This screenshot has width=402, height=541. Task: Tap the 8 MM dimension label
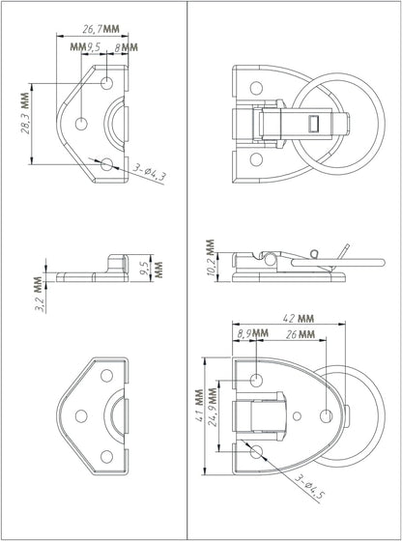point(125,47)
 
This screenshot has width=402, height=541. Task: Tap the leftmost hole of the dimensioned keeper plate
point(83,123)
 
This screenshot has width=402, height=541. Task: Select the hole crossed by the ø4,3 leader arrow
point(107,164)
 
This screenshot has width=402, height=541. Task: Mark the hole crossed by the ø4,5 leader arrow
point(256,451)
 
